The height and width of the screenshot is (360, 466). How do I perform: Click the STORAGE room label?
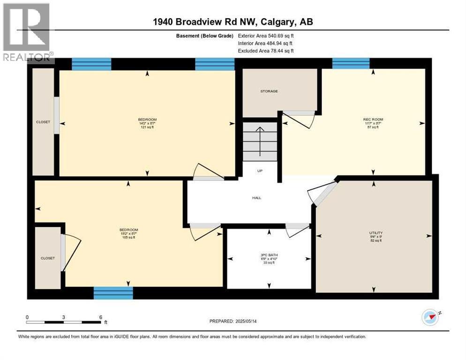click(269, 91)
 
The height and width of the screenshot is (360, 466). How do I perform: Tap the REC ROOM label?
click(373, 120)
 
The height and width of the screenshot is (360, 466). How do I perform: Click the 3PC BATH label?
click(269, 255)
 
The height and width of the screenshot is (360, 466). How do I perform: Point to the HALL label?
click(256, 198)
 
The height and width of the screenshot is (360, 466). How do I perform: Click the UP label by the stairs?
click(259, 171)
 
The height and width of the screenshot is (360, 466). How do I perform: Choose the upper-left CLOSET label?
click(43, 122)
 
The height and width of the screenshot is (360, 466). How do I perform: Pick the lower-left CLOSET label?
click(47, 258)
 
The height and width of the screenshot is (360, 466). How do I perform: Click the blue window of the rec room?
click(351, 63)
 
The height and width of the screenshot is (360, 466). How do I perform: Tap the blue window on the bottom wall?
click(113, 293)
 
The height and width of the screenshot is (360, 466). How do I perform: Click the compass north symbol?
click(430, 317)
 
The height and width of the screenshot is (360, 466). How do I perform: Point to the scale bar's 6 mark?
click(100, 317)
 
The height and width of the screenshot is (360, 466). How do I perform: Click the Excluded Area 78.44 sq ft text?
click(266, 51)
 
